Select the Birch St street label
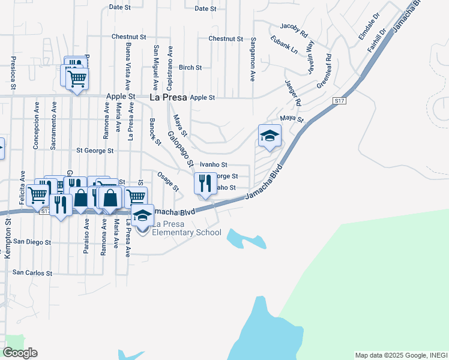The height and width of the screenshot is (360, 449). [190, 68]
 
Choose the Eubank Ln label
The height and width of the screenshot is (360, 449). [284, 45]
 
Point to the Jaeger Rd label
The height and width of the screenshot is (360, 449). [294, 95]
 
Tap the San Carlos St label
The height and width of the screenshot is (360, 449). [33, 272]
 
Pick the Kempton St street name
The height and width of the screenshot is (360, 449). [8, 238]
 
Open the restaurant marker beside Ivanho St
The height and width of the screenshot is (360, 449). [205, 183]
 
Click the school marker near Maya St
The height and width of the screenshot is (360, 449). [270, 136]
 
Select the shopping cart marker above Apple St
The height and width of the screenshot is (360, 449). [77, 79]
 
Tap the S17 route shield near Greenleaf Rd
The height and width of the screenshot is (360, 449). [340, 102]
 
